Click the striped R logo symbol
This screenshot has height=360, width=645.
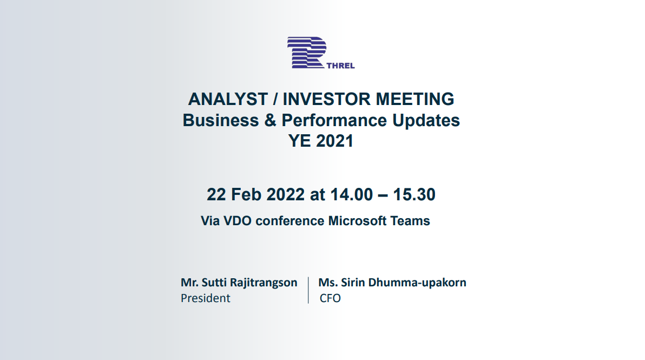306,53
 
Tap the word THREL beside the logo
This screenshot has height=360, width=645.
340,66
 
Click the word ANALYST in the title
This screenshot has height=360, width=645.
228,99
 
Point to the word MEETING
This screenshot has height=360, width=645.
415,99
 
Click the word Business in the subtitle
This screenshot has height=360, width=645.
220,120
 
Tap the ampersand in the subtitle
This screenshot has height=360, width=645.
270,120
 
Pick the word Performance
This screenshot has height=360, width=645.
334,120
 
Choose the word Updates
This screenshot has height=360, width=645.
426,121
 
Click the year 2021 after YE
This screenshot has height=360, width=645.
334,141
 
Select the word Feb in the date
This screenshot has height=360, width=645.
246,194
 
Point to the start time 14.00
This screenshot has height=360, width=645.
352,194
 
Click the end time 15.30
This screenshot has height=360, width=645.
414,194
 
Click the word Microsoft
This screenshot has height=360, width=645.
358,221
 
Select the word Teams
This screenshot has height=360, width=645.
410,221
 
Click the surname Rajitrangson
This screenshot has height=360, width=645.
264,283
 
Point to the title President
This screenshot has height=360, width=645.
205,298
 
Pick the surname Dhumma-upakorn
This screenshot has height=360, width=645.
417,283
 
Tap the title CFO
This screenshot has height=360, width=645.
330,298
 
